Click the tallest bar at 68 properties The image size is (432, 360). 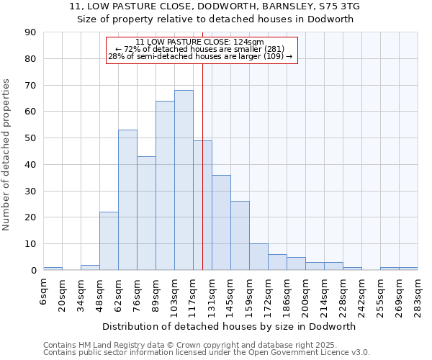click(x=184, y=180)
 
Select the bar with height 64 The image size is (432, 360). click(x=165, y=186)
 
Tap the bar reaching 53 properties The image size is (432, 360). click(x=127, y=200)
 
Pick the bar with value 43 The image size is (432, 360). click(x=146, y=213)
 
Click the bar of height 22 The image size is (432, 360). click(x=109, y=241)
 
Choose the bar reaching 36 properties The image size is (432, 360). click(x=221, y=222)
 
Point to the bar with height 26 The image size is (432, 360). click(x=240, y=235)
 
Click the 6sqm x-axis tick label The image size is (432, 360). click(x=44, y=289)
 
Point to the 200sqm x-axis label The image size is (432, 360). click(x=306, y=295)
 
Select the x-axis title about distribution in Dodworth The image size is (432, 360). click(x=229, y=326)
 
